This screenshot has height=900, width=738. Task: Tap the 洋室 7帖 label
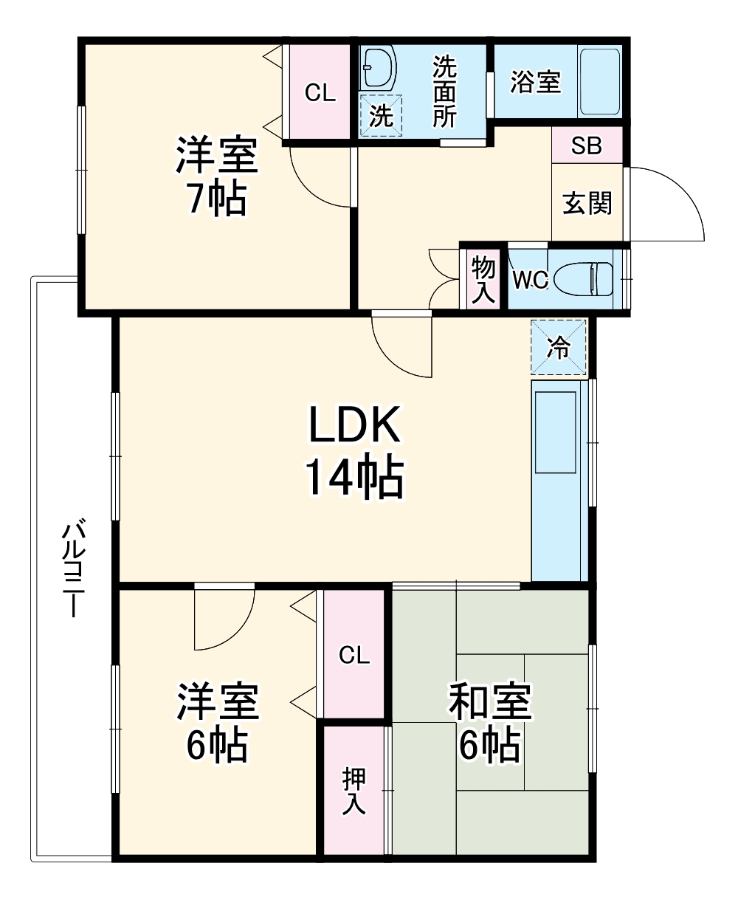click(x=215, y=176)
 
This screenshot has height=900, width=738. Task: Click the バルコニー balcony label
click(x=72, y=568)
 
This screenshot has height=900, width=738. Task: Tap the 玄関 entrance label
click(x=587, y=202)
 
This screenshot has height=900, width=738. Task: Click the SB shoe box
click(x=587, y=145)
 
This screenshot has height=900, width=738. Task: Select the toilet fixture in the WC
click(x=583, y=280)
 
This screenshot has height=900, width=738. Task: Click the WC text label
click(x=530, y=281)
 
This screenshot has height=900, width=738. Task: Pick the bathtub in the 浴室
click(x=599, y=81)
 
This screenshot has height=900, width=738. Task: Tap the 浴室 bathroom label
click(x=536, y=82)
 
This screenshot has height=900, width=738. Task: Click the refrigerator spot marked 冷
click(x=559, y=347)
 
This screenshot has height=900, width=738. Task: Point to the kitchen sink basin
click(x=555, y=432)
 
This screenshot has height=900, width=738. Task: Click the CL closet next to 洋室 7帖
click(x=320, y=92)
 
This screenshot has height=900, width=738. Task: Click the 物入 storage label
click(x=483, y=280)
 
